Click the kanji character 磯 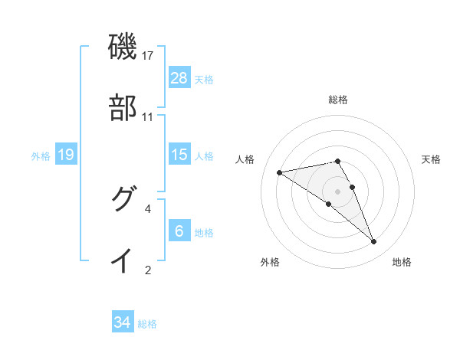pyautogui.click(x=123, y=47)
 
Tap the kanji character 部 pyautogui.click(x=123, y=108)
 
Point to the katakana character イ pyautogui.click(x=123, y=260)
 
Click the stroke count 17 pyautogui.click(x=148, y=56)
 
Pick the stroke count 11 pyautogui.click(x=148, y=117)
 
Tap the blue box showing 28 pyautogui.click(x=179, y=78)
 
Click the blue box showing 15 pyautogui.click(x=179, y=155)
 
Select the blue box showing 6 pyautogui.click(x=179, y=231)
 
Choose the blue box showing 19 pyautogui.click(x=66, y=155)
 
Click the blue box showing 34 pyautogui.click(x=123, y=322)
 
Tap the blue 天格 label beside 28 pyautogui.click(x=204, y=79)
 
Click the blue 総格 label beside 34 pyautogui.click(x=147, y=324)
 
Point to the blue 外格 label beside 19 pyautogui.click(x=41, y=155)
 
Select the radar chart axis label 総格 pyautogui.click(x=338, y=100)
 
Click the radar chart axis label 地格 pyautogui.click(x=402, y=262)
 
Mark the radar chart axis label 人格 pyautogui.click(x=245, y=159)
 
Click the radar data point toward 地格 pyautogui.click(x=373, y=242)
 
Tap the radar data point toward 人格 pyautogui.click(x=279, y=172)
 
